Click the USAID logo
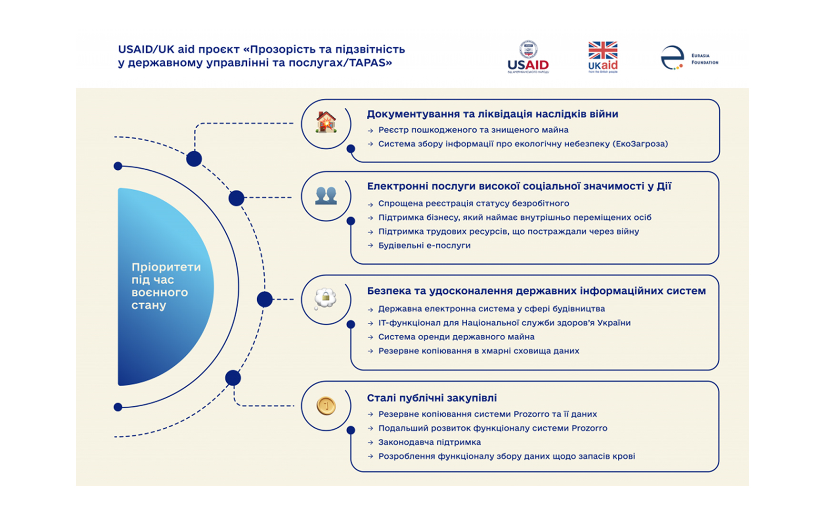[528, 57]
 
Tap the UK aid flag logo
[603, 57]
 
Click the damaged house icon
[326, 123]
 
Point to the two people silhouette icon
[326, 196]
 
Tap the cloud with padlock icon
[326, 299]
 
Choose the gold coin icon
[326, 406]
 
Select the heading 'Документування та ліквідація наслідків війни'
[492, 114]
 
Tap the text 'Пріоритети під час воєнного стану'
[165, 286]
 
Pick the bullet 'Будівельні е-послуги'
[424, 246]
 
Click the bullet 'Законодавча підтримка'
[429, 442]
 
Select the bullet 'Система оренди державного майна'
[456, 337]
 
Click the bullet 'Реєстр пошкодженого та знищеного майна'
[473, 130]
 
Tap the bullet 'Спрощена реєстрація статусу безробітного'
[473, 204]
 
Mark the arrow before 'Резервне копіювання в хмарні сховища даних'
[371, 351]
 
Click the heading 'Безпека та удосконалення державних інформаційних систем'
[536, 291]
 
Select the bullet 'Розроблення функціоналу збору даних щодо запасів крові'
[506, 456]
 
